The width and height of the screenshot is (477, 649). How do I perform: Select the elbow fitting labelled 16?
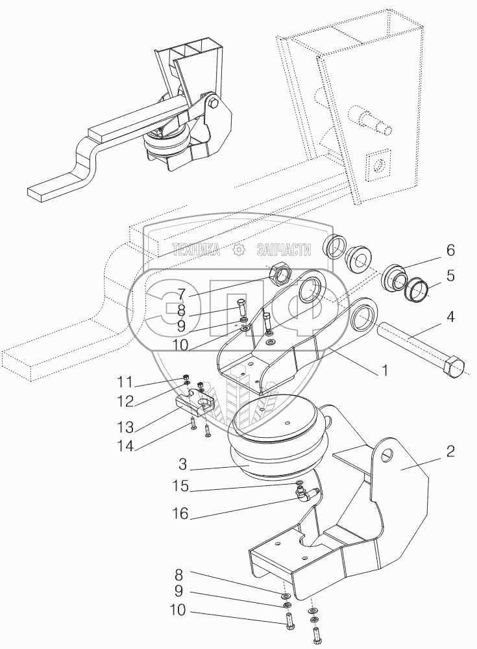pyautogui.click(x=306, y=497)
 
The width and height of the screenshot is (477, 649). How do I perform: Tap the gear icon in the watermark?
pyautogui.click(x=239, y=249)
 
